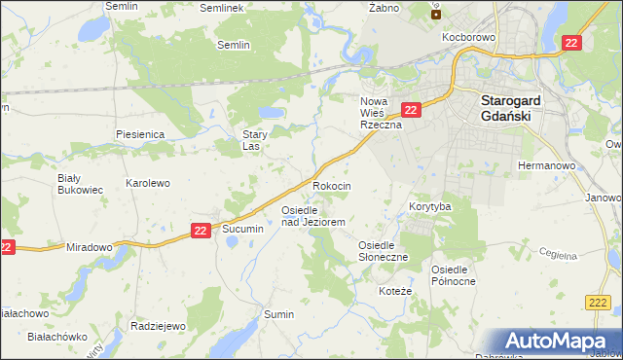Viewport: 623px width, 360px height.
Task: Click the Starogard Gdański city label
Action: pos(518,106)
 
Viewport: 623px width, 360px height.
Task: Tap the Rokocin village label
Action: pos(331,185)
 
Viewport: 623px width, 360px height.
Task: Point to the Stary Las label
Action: pos(255,140)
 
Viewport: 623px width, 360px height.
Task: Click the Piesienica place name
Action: pos(138,133)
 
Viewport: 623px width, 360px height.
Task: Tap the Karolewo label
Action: pos(148,183)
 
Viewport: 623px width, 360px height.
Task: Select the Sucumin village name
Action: pos(243,229)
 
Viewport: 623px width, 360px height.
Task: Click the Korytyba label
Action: pos(429,207)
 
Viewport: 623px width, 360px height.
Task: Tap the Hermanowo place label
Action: pos(547,166)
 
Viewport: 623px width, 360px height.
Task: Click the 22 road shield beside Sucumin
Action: pos(200,231)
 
